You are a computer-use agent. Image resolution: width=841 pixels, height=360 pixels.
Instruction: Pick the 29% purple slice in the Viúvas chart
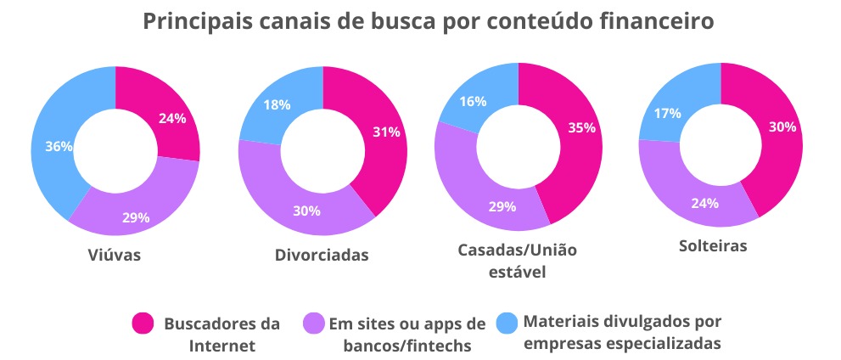tap(136, 217)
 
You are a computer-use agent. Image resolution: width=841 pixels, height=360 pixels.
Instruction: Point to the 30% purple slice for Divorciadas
tap(307, 210)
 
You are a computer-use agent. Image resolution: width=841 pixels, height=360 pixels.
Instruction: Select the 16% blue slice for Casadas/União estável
tap(473, 102)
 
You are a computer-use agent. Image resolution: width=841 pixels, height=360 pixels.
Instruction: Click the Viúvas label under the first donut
tap(114, 254)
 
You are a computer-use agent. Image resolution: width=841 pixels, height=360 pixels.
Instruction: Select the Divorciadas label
tap(322, 254)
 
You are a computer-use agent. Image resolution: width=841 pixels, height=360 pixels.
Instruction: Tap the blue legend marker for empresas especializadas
tap(506, 322)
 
